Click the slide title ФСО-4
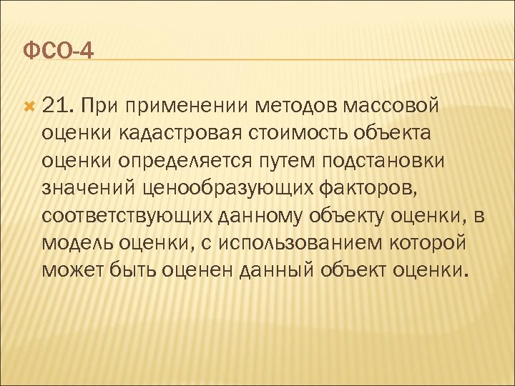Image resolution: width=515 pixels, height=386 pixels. coord(59,51)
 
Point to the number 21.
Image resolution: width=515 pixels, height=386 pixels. coord(57,107)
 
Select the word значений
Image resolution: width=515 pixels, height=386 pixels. coord(92,189)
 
